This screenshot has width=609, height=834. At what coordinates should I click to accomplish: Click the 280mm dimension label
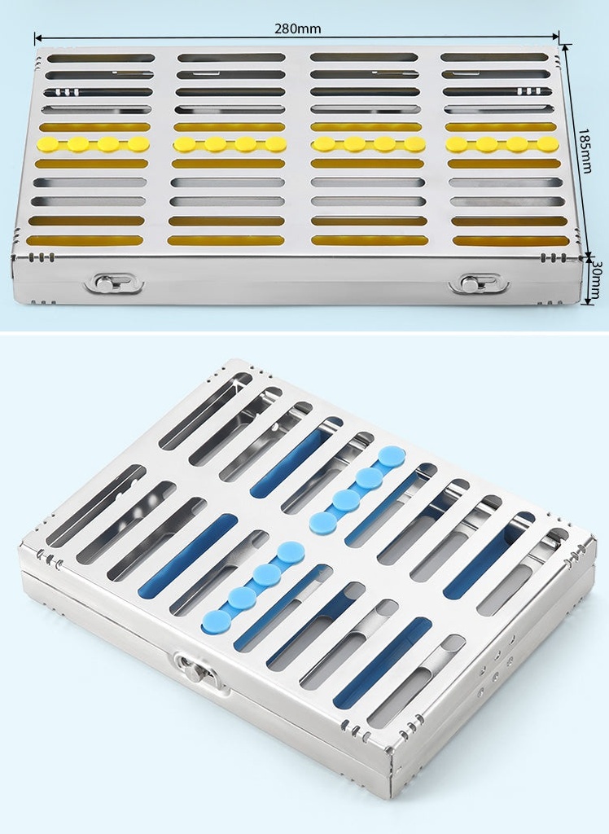pyautogui.click(x=297, y=29)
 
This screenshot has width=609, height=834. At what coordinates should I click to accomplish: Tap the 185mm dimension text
pyautogui.click(x=585, y=151)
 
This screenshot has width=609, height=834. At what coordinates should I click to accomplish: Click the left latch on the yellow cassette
pyautogui.click(x=114, y=283)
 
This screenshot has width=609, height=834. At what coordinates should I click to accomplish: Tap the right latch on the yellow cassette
pyautogui.click(x=479, y=283)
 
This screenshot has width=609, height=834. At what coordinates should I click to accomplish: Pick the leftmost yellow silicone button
pyautogui.click(x=46, y=144)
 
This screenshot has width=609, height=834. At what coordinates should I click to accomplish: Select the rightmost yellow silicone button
pyautogui.click(x=548, y=143)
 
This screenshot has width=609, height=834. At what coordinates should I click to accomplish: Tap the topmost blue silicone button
pyautogui.click(x=392, y=457)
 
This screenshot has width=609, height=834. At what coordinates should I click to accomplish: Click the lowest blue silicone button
pyautogui.click(x=217, y=621)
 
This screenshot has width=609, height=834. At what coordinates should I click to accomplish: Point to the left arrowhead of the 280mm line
pyautogui.click(x=38, y=37)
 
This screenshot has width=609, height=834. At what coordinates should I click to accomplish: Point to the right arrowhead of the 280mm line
pyautogui.click(x=556, y=37)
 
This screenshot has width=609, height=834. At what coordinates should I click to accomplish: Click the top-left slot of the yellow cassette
pyautogui.click(x=101, y=58)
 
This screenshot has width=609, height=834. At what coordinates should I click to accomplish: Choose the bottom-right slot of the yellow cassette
pyautogui.click(x=510, y=241)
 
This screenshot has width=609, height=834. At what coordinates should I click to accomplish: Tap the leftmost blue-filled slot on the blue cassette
pyautogui.click(x=188, y=555)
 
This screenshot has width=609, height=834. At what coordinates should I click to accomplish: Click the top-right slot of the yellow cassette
pyautogui.click(x=494, y=57)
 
